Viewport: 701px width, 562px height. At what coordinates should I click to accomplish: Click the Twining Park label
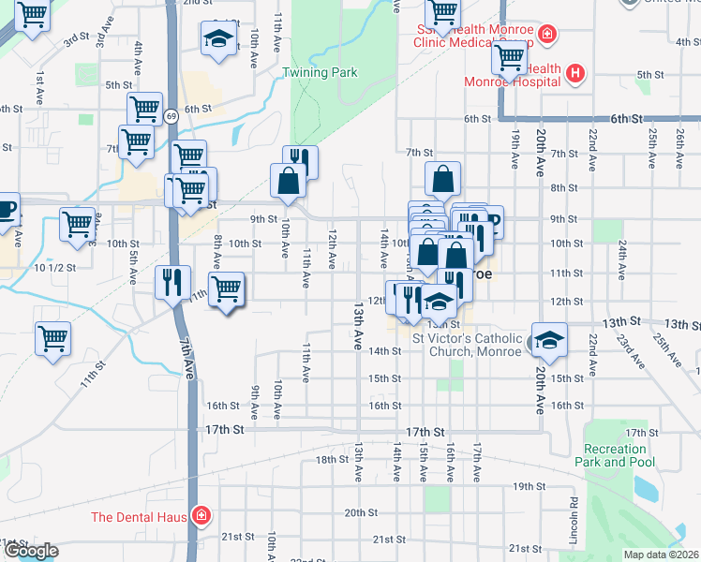[321, 72]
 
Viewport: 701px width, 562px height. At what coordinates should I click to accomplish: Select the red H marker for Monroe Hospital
[575, 72]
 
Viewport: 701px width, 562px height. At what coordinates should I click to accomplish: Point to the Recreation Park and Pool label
[614, 455]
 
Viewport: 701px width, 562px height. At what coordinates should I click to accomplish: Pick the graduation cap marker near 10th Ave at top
[218, 39]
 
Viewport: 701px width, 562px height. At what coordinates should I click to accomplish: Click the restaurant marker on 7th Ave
[172, 282]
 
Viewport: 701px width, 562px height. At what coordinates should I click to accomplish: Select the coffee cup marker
[6, 208]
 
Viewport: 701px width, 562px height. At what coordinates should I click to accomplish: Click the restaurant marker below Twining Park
[300, 161]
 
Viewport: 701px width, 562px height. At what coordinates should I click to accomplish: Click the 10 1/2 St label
[53, 268]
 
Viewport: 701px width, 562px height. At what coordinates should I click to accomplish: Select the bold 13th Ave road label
[358, 327]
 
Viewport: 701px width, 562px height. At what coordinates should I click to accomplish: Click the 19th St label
[528, 486]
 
